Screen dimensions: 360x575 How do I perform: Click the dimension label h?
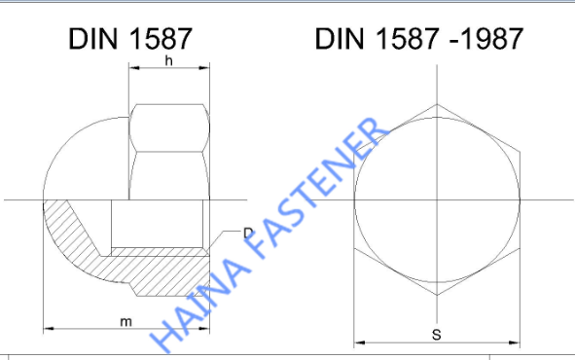pyautogui.click(x=168, y=60)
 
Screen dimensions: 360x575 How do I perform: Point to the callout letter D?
pyautogui.click(x=248, y=234)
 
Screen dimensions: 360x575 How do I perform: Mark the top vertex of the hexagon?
pyautogui.click(x=436, y=102)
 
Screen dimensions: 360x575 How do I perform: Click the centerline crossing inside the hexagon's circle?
pyautogui.click(x=436, y=201)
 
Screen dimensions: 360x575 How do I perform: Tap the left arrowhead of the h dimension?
pyautogui.click(x=132, y=68)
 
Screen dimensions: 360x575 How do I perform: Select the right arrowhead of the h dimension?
pyautogui.click(x=207, y=68)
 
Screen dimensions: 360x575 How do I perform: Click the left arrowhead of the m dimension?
pyautogui.click(x=47, y=328)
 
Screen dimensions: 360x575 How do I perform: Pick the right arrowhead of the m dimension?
pyautogui.click(x=207, y=328)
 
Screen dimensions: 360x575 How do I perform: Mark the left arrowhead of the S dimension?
pyautogui.click(x=357, y=342)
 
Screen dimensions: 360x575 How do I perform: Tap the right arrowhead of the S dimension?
pyautogui.click(x=515, y=342)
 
